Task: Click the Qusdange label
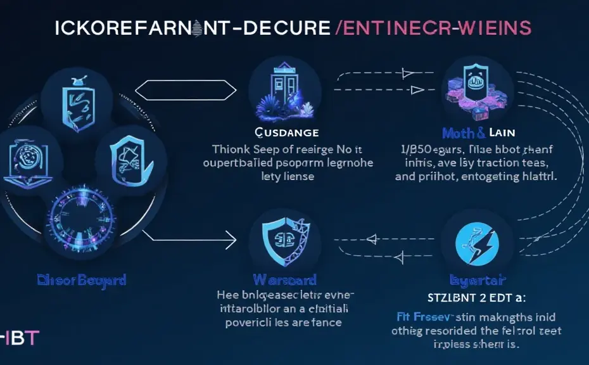pos(277,132)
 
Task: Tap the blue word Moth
pos(456,133)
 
